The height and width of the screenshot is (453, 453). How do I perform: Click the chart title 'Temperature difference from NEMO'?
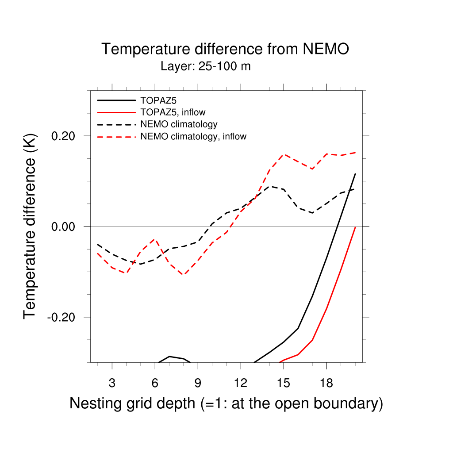225,49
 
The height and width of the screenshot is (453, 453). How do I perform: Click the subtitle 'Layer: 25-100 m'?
206,67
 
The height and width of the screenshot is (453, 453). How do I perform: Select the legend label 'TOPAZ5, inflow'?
173,112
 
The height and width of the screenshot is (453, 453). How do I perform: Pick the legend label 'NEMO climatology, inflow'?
193,137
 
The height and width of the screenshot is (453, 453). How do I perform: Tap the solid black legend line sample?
116,100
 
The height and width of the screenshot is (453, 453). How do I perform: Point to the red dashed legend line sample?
116,137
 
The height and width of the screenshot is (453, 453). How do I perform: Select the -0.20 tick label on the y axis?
64,317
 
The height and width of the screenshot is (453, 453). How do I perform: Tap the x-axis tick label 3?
112,382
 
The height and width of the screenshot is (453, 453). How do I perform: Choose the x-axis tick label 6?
155,382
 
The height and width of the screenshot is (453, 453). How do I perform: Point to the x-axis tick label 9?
198,382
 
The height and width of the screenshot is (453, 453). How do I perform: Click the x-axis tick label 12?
241,382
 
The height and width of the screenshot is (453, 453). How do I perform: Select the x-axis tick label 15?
284,382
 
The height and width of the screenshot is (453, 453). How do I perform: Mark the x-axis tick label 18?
326,382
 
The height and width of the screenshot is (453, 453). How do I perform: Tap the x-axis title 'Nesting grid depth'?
226,403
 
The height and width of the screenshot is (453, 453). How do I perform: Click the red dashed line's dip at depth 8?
184,275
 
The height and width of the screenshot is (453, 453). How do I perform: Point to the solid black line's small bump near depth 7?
169,356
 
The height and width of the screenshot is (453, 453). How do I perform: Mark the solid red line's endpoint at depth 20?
355,227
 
